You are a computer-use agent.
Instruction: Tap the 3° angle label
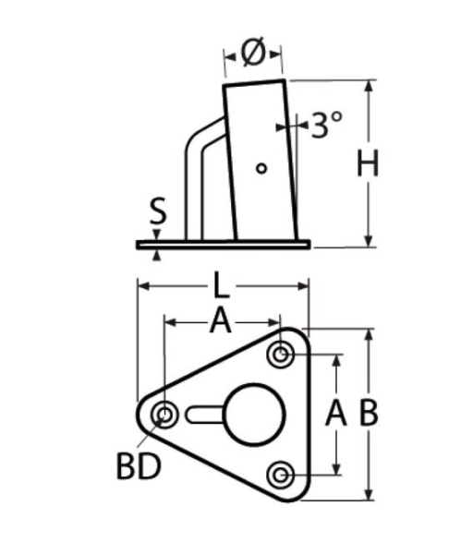(326, 125)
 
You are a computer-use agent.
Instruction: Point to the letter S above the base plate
(158, 213)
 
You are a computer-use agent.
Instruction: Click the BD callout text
(139, 466)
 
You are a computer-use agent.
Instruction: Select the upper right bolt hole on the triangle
(281, 354)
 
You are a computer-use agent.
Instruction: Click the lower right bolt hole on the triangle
(281, 475)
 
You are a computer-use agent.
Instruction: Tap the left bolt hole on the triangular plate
(166, 415)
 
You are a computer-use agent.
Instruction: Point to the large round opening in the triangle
(250, 415)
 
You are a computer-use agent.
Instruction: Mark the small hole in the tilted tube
(261, 167)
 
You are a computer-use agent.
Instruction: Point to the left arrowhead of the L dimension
(141, 286)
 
